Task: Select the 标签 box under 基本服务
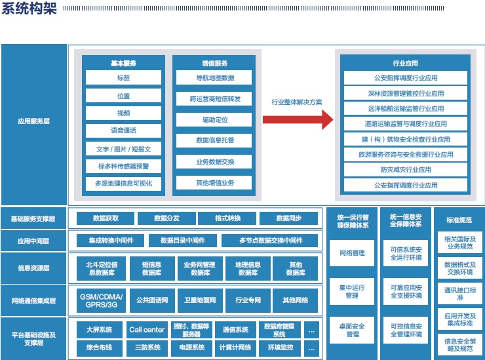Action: pos(123,78)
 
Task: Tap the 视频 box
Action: pos(123,113)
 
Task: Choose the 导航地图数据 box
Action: pos(215,78)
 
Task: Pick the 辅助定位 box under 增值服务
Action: pos(215,120)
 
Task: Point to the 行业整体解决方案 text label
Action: pos(297,102)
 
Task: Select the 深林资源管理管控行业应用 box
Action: pos(405,93)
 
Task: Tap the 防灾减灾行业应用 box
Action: pos(405,170)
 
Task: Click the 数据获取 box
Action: pos(106,218)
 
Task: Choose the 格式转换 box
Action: pos(227,218)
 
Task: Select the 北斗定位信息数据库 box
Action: pos(106,268)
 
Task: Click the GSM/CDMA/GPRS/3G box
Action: pos(101,300)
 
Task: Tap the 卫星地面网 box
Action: pos(200,300)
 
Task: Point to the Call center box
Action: pos(147,330)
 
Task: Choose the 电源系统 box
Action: pos(187,348)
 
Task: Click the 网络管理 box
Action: pos(352,252)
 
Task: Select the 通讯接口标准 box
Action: pos(459,294)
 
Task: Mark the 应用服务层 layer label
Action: pos(34,121)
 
